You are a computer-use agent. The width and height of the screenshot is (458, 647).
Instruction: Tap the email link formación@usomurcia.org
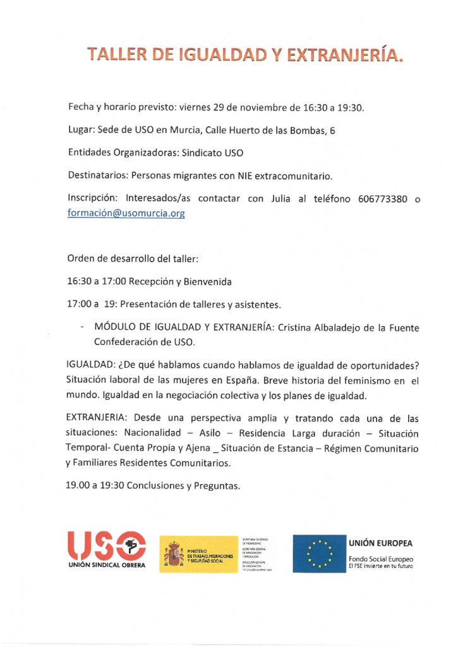pos(126,214)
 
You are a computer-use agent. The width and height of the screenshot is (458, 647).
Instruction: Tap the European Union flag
pos(318,553)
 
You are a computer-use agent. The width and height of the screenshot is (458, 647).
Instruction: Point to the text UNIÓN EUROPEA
pos(380,543)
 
